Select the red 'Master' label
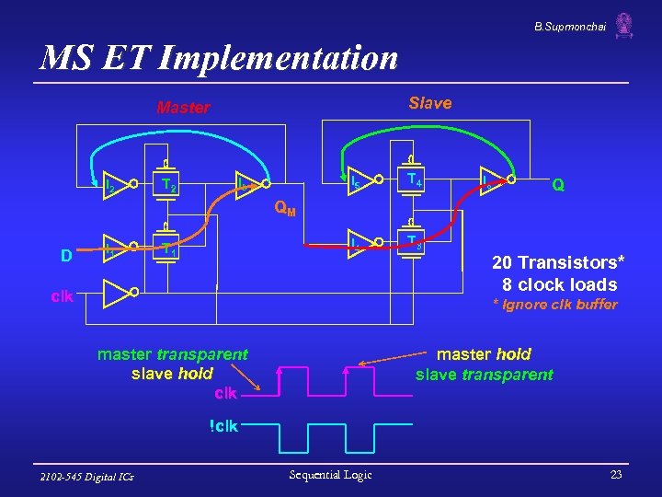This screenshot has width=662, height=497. tap(183, 108)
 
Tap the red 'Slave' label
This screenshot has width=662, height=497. tap(430, 103)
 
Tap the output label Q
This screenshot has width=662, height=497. tap(557, 184)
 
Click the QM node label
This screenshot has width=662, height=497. tap(286, 209)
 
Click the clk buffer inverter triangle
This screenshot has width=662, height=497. tap(116, 294)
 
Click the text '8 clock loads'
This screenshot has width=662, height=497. tap(559, 284)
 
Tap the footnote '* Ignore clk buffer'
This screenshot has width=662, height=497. tap(555, 305)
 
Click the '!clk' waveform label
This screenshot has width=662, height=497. tap(223, 425)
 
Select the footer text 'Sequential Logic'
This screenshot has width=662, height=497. tap(330, 475)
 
